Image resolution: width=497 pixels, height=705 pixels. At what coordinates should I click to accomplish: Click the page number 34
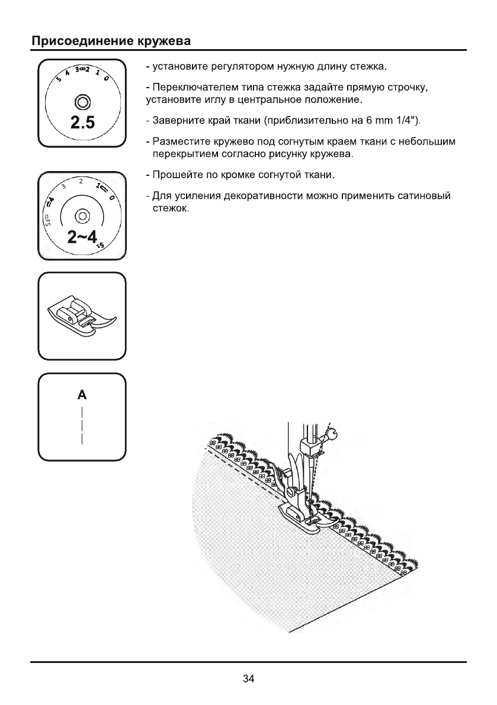click(x=248, y=678)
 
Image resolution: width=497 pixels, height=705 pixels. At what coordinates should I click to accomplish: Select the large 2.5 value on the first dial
click(x=82, y=123)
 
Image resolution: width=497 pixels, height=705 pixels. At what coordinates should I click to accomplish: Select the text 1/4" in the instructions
click(x=405, y=122)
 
